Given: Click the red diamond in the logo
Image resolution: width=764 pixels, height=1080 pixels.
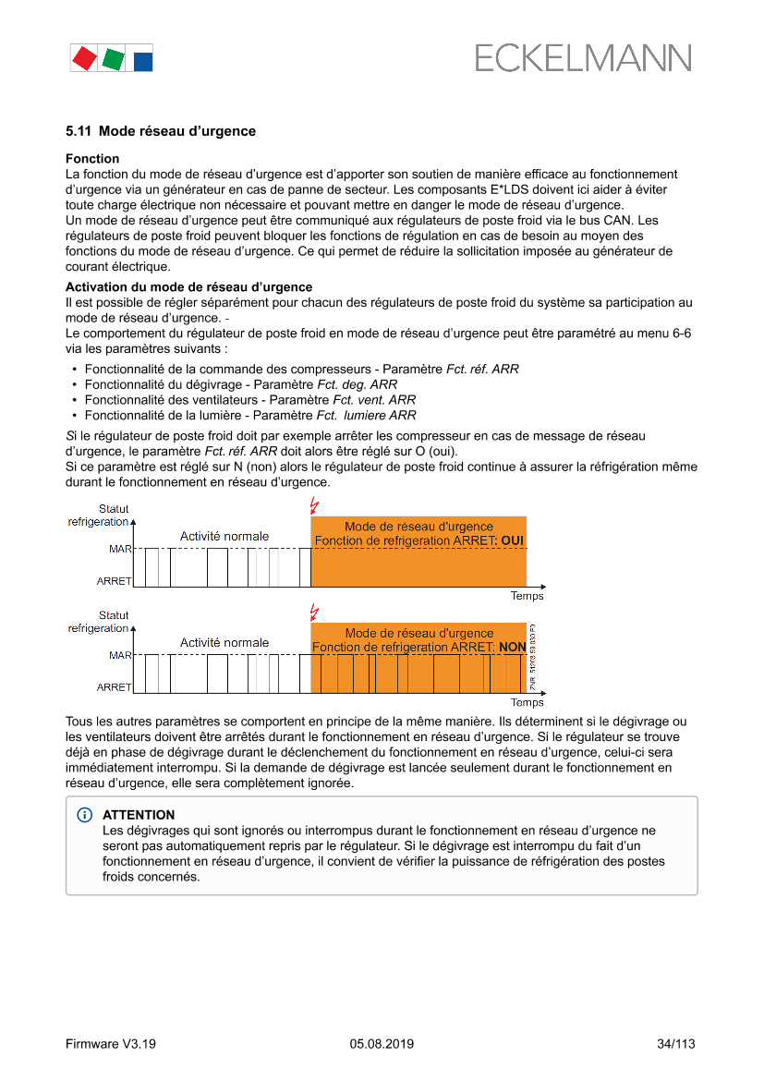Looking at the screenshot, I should (84, 58).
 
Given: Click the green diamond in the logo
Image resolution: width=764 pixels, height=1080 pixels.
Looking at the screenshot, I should (114, 59).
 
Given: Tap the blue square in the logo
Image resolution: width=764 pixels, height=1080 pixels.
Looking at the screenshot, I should (143, 62).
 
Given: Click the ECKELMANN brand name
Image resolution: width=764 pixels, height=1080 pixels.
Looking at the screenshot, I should (583, 58).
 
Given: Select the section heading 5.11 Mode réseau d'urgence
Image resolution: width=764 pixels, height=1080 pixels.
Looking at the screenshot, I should (161, 131).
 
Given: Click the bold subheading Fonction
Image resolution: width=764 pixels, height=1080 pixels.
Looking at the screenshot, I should (92, 159).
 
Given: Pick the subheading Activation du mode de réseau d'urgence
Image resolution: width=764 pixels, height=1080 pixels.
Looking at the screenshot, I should (188, 287).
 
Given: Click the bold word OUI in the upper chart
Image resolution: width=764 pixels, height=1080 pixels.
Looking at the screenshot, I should (512, 540).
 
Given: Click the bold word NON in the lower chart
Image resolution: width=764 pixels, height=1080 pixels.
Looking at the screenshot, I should (512, 648).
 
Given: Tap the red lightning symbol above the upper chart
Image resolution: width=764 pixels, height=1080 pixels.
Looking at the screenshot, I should (314, 505).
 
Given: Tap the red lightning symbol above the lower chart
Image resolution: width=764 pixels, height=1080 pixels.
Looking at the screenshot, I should (314, 612).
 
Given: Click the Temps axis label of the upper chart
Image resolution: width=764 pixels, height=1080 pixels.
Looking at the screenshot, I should (528, 597).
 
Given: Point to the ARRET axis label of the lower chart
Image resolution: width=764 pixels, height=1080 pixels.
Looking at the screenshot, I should (114, 687).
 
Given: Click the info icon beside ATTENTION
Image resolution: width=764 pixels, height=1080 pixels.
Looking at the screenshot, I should (86, 815).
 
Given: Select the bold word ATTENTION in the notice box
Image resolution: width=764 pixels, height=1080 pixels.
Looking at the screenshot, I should (139, 815).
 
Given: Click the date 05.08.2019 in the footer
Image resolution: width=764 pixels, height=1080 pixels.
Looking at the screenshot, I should (382, 1044).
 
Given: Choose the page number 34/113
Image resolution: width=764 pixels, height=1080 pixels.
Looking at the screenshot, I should (675, 1044).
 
